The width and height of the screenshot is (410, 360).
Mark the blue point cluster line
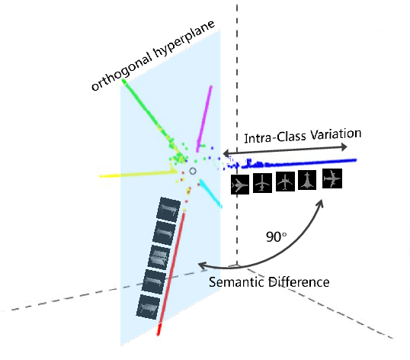(305, 162)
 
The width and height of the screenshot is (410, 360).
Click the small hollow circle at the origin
(192, 172)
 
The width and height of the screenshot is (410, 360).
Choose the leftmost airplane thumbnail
(240, 185)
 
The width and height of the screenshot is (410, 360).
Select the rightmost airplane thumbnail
(332, 178)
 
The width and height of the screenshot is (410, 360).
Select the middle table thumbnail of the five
(158, 256)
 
